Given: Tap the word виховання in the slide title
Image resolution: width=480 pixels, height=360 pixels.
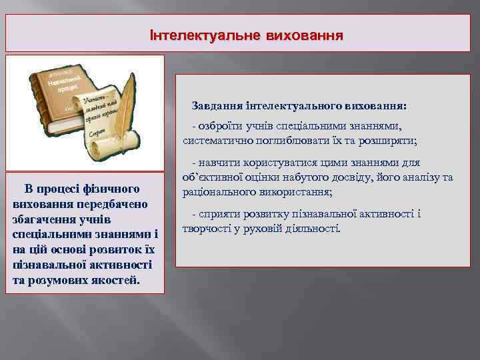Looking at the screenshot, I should tap(305, 35).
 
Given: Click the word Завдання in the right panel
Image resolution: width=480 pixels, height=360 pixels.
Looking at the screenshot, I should tap(217, 106).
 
